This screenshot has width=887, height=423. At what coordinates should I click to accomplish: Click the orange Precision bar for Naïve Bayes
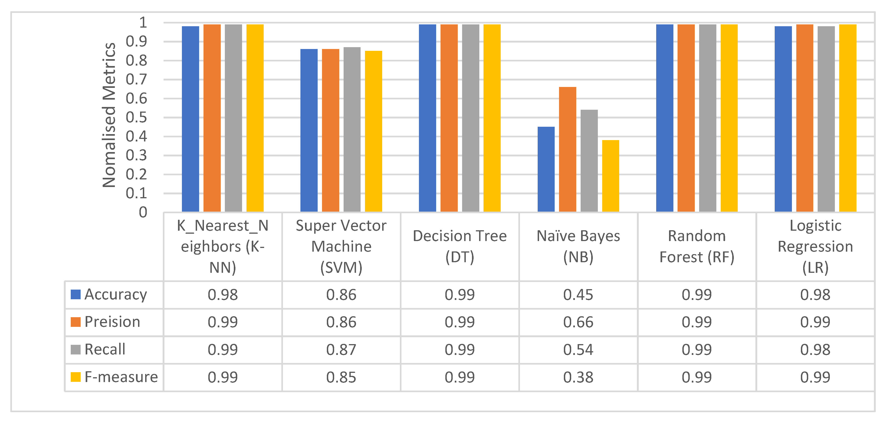(568, 149)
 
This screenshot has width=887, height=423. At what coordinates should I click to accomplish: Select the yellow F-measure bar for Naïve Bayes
(610, 176)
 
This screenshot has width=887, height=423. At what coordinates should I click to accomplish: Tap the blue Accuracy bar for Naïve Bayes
(546, 169)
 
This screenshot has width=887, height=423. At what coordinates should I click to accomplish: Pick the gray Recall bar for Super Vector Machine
(352, 129)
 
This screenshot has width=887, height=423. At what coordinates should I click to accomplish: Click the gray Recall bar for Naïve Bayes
(589, 161)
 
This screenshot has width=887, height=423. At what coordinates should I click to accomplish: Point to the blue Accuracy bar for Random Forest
(665, 118)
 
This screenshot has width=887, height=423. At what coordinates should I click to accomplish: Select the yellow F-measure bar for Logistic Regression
(848, 118)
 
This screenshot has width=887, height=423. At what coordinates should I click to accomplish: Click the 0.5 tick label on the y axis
(136, 118)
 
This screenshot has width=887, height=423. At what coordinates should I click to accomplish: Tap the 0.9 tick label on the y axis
(136, 42)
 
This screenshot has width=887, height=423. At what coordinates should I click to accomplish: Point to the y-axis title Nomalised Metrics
(109, 115)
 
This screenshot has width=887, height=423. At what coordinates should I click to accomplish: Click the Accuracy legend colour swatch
(75, 294)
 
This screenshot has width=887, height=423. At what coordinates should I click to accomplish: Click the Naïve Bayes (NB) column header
(579, 247)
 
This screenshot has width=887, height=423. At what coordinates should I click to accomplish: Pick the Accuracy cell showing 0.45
(579, 295)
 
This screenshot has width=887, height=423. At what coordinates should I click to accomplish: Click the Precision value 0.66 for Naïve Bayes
(579, 322)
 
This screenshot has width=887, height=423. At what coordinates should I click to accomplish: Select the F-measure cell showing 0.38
(579, 377)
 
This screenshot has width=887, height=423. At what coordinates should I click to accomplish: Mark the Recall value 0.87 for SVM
(341, 350)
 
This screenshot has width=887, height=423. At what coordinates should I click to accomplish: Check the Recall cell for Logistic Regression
(815, 350)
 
